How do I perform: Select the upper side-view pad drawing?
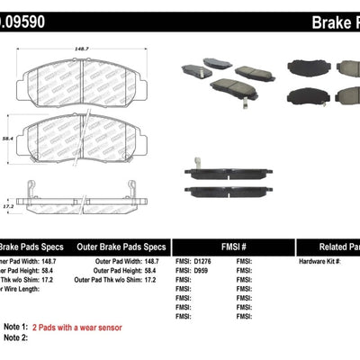[x=229, y=172]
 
